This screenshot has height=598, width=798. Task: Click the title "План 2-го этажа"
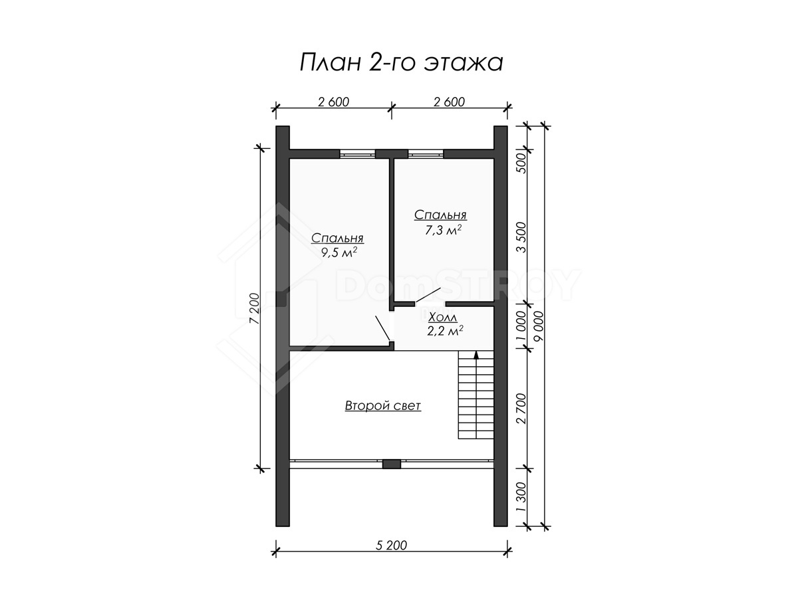click(x=401, y=63)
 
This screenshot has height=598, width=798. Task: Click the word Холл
click(x=442, y=318)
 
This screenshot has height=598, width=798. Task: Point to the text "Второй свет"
click(x=382, y=405)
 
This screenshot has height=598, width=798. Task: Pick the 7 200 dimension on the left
click(x=255, y=309)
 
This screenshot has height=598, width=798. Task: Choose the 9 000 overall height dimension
click(x=539, y=326)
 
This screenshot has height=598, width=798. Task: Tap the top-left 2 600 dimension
click(x=333, y=102)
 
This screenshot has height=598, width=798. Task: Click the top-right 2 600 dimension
click(x=449, y=102)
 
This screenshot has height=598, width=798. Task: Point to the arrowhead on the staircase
click(x=476, y=355)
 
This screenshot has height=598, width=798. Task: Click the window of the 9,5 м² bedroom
click(x=357, y=154)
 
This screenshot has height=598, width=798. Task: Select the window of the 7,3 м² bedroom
click(x=426, y=154)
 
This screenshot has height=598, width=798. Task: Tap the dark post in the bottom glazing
click(x=392, y=464)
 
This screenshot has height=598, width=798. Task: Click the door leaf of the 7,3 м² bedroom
click(x=428, y=295)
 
